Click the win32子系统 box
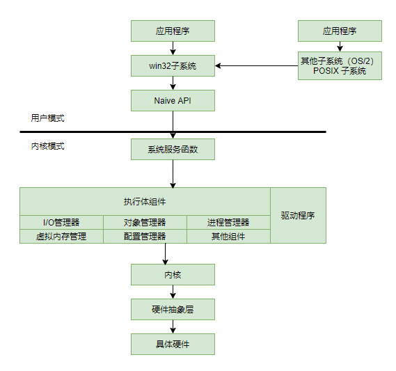[x=173, y=66]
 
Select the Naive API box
[x=173, y=101]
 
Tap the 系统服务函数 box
[x=173, y=150]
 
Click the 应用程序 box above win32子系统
[x=173, y=31]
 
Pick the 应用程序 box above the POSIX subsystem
[x=340, y=31]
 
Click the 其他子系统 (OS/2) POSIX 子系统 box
[x=340, y=66]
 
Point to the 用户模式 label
[x=48, y=118]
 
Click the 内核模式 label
[x=48, y=147]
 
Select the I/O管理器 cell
[x=61, y=223]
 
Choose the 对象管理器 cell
[x=145, y=223]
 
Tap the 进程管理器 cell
[x=228, y=223]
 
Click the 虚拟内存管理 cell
[x=61, y=237]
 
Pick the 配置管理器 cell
[x=145, y=237]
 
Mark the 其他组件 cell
[x=228, y=237]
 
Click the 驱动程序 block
[x=298, y=216]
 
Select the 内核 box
[x=173, y=275]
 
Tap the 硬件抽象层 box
[x=173, y=310]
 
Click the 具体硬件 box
[x=173, y=345]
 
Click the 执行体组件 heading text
[x=145, y=202]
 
